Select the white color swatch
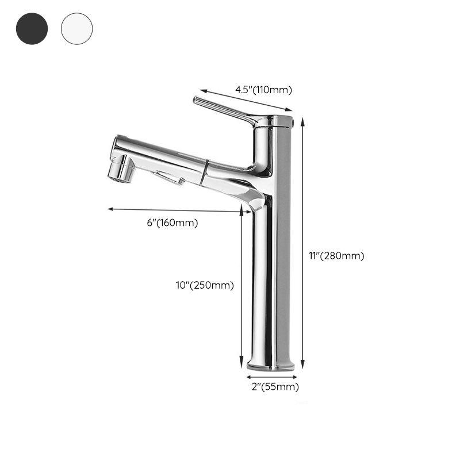point(76,28)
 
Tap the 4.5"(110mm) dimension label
point(264,89)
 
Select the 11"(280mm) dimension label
point(336,256)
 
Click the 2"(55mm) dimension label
point(275,387)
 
